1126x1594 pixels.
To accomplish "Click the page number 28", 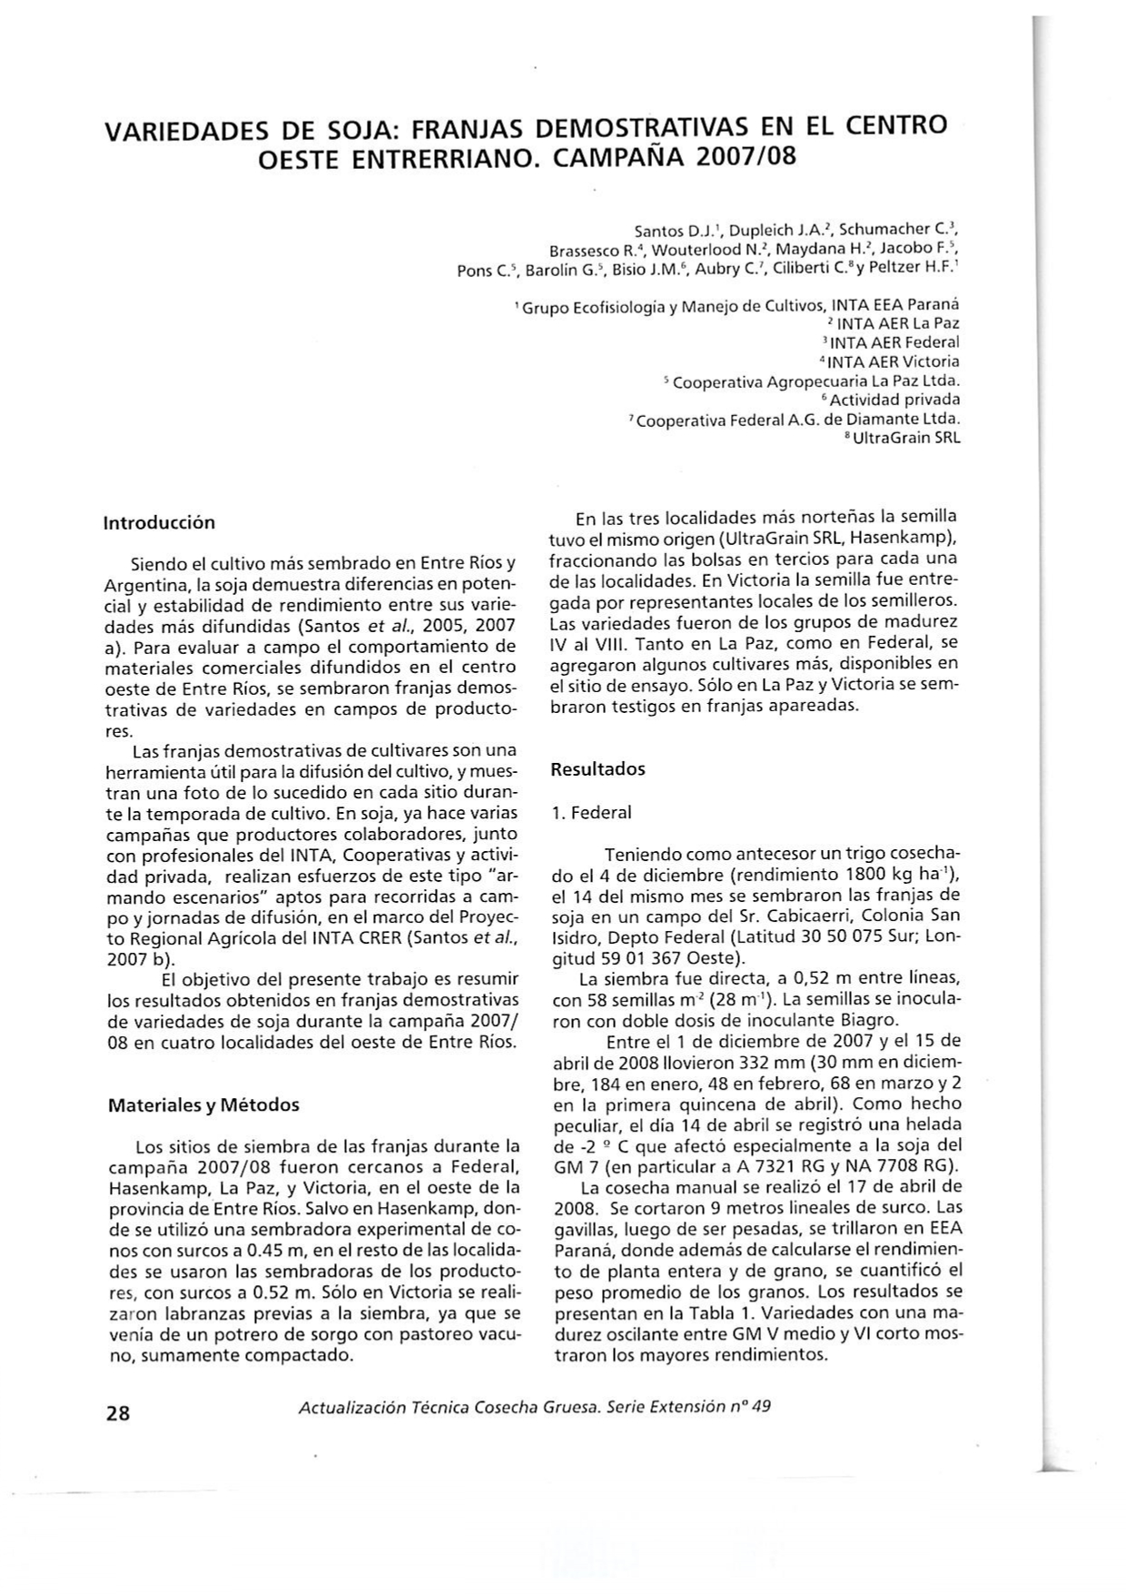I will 119,1413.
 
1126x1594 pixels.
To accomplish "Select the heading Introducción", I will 159,523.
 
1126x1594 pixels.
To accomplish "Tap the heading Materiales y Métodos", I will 203,1105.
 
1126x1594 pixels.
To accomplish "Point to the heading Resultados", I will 598,769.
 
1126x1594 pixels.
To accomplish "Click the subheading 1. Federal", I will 591,813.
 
